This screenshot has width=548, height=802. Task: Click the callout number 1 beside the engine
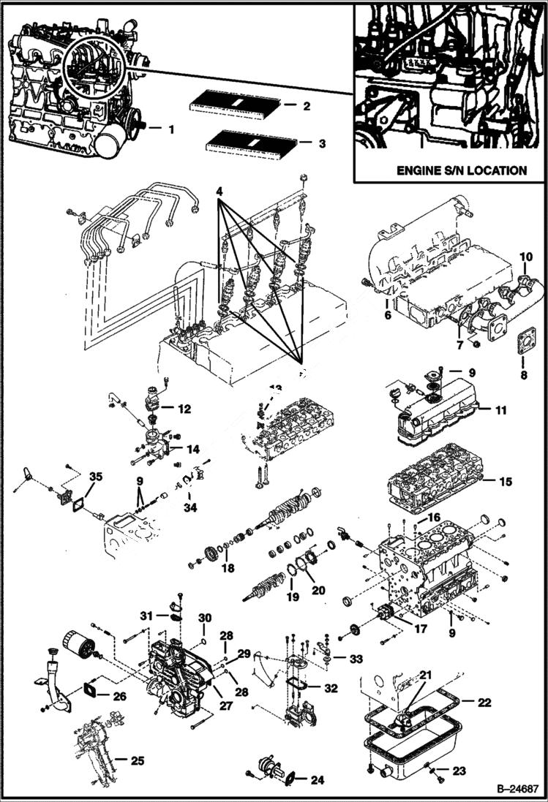[170, 129]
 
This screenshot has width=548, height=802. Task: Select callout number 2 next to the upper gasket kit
[307, 106]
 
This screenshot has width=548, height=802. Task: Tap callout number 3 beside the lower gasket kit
[321, 144]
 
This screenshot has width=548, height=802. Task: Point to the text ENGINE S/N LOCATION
[461, 170]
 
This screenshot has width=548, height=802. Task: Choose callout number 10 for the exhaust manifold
[527, 257]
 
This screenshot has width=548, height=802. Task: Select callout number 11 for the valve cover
[500, 410]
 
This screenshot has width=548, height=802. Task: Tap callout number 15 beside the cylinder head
[505, 482]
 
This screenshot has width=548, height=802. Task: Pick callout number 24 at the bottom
[317, 780]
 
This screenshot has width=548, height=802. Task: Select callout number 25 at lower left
[136, 761]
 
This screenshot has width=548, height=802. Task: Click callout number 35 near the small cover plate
[94, 477]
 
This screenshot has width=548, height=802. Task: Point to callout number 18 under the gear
[228, 567]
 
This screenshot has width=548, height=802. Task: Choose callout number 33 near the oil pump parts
[356, 659]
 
